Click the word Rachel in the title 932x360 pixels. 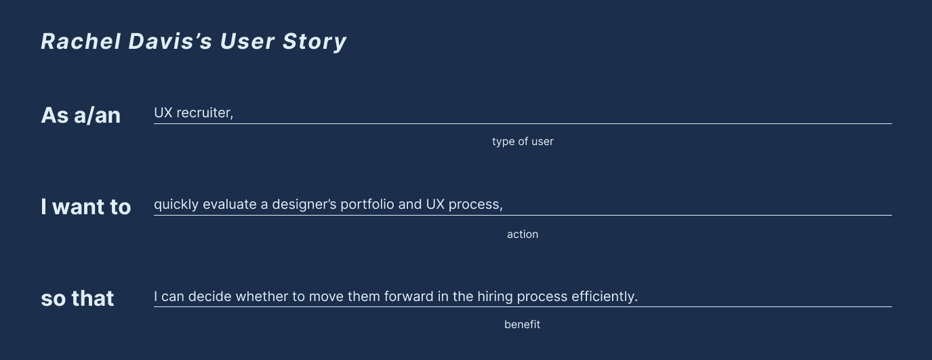[x=81, y=41]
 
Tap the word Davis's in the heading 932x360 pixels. [x=170, y=41]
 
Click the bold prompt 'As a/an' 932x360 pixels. [x=81, y=115]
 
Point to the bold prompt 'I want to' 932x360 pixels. [x=85, y=207]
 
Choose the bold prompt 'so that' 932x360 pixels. [x=77, y=298]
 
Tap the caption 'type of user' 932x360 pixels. [x=523, y=142]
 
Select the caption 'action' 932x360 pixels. [x=523, y=235]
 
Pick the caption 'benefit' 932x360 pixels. [x=522, y=324]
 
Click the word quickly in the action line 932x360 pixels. [x=176, y=205]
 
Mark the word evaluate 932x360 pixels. [x=230, y=204]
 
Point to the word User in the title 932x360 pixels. [x=247, y=41]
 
